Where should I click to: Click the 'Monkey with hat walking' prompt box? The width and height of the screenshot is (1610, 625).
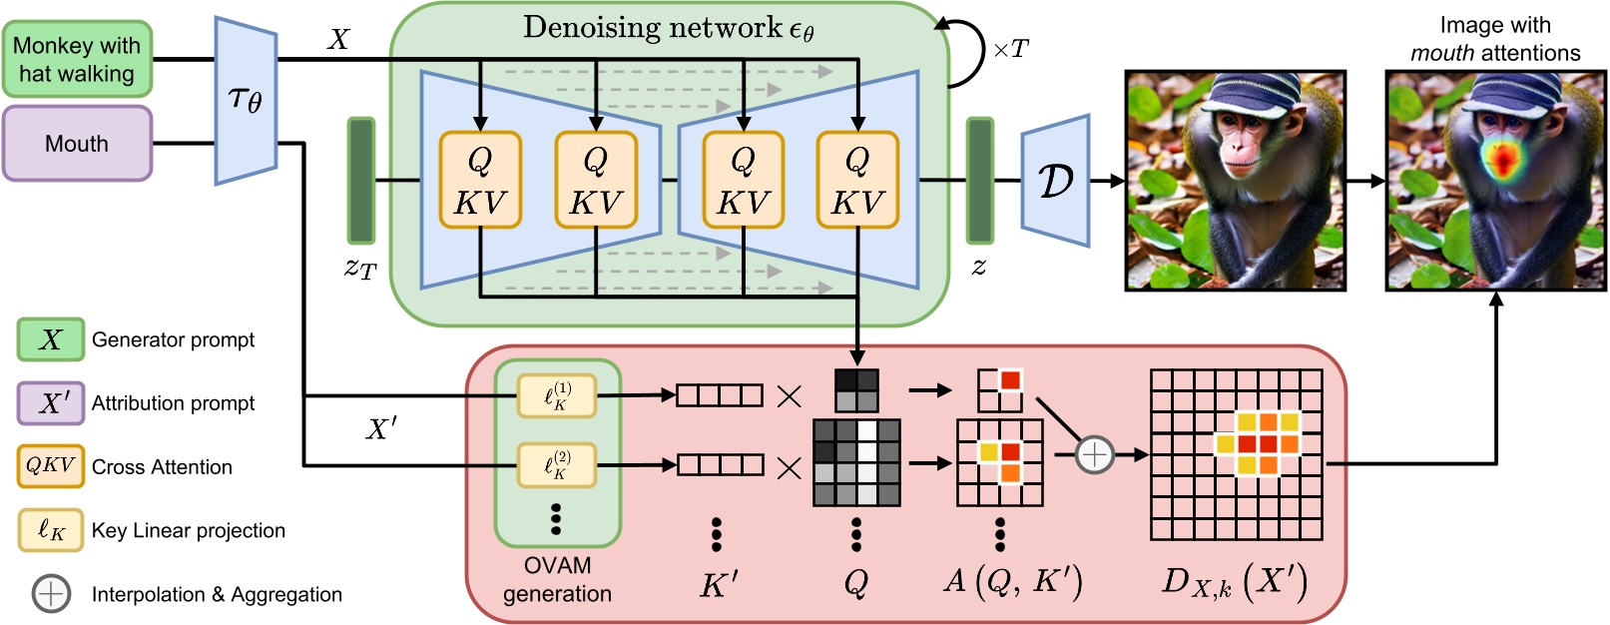point(77,60)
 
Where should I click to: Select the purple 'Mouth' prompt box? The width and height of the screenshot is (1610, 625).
point(77,144)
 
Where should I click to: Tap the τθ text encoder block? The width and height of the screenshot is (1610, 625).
point(246,101)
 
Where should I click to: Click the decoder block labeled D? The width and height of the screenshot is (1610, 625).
point(1055,181)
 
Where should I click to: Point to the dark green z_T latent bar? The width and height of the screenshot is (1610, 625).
point(360,181)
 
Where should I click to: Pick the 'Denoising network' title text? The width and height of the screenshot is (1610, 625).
point(668,28)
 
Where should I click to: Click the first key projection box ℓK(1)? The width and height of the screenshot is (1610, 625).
point(557,395)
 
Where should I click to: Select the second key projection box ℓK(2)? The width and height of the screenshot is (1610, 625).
point(557,464)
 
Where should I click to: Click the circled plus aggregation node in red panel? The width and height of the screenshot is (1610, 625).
point(1095,455)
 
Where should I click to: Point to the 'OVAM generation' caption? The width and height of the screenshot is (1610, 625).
point(557,580)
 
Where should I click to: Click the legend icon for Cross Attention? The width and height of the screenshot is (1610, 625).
point(50,466)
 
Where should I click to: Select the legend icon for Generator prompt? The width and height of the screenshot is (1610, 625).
point(50,339)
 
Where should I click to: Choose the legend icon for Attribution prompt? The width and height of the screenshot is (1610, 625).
point(50,403)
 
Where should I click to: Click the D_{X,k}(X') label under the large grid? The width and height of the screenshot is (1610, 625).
point(1235,582)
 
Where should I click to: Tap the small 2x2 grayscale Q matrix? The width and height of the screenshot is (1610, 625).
point(855,390)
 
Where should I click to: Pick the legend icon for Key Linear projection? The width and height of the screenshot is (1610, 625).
point(50,530)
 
